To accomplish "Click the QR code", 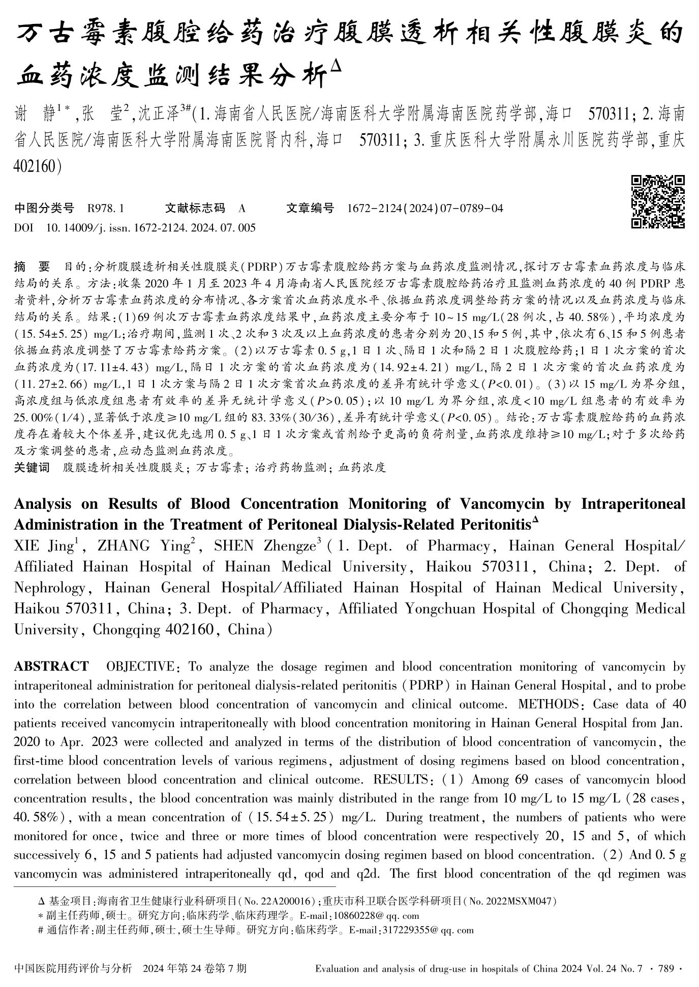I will point(658,201).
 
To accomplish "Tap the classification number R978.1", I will point(106,208).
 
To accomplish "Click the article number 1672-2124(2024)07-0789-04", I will point(425,208).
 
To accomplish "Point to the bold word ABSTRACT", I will point(51,666).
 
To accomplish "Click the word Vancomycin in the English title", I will point(502,504).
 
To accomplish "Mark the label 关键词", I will point(32,468).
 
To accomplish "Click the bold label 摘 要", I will point(32,267).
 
